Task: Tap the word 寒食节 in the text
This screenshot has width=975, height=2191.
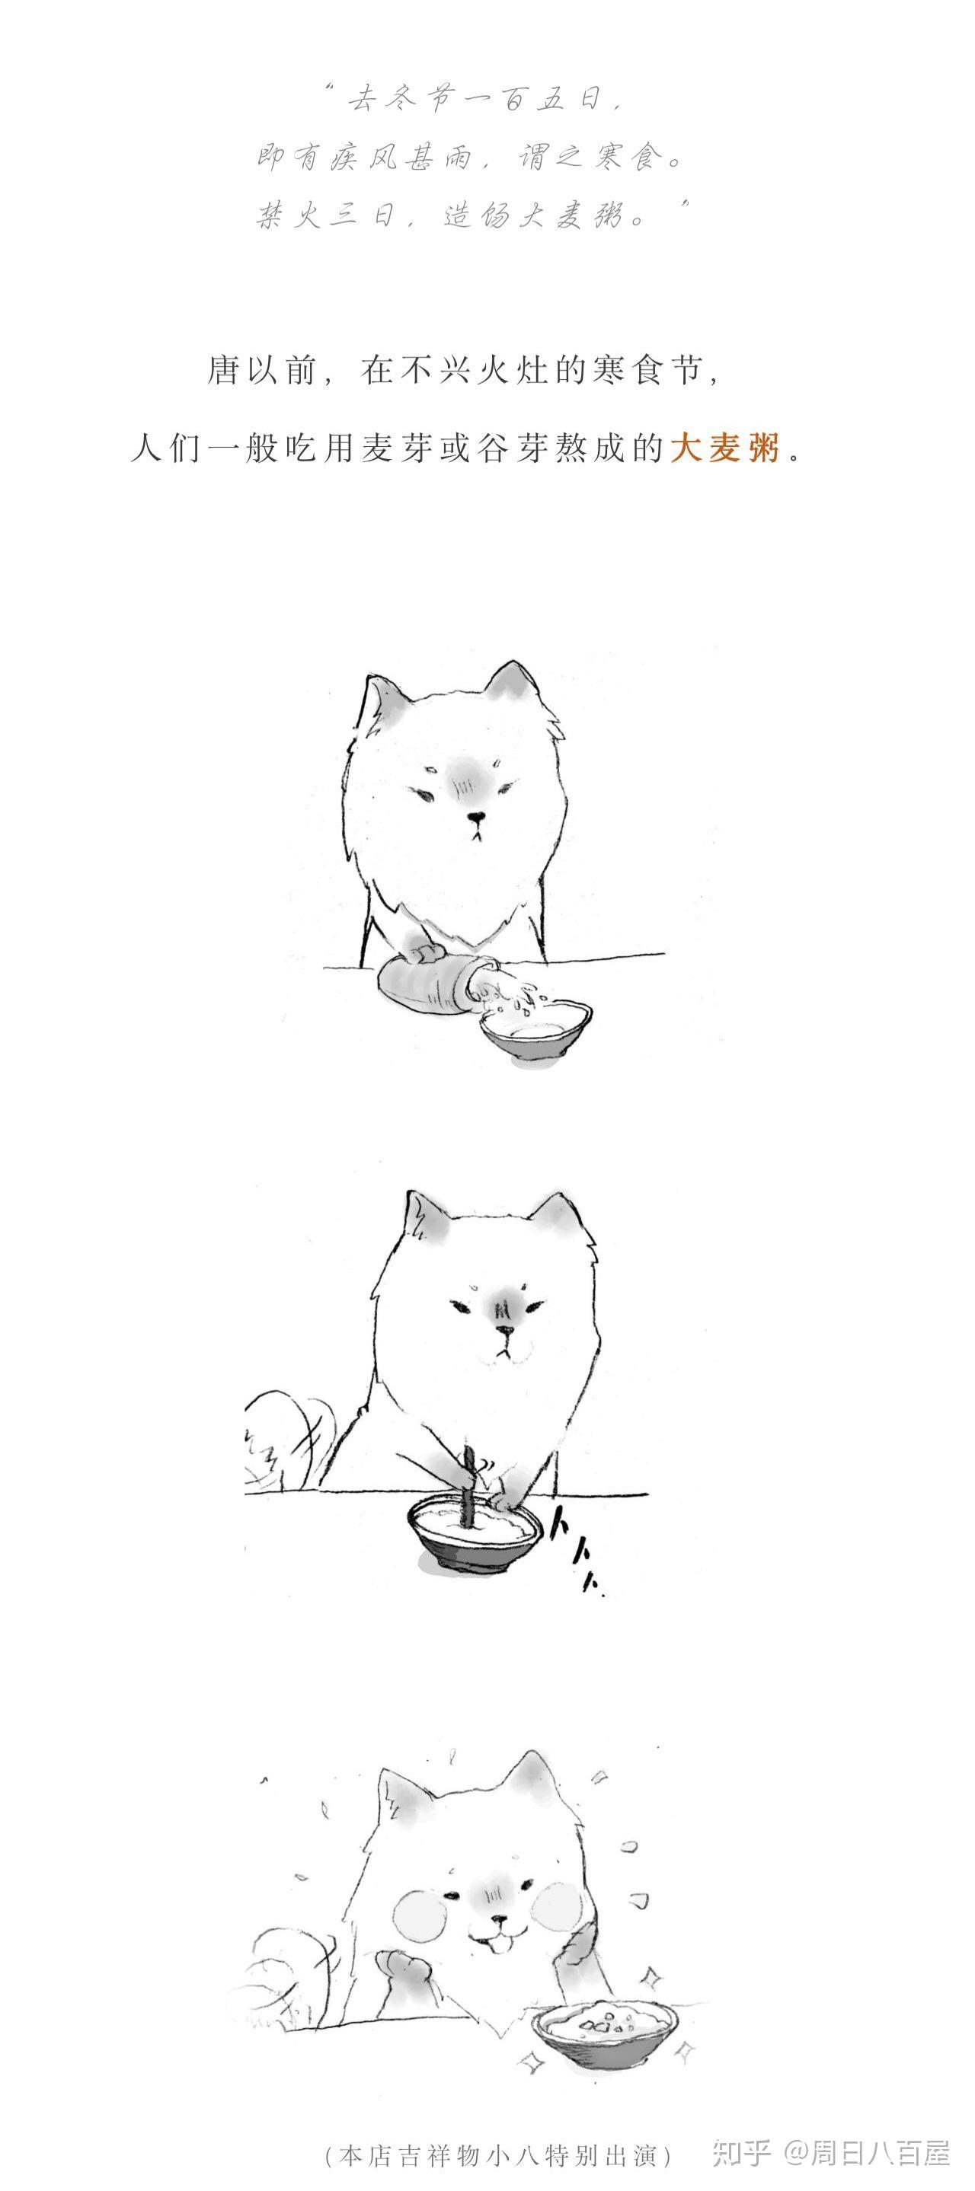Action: [647, 372]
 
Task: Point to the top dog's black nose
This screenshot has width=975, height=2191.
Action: [478, 819]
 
